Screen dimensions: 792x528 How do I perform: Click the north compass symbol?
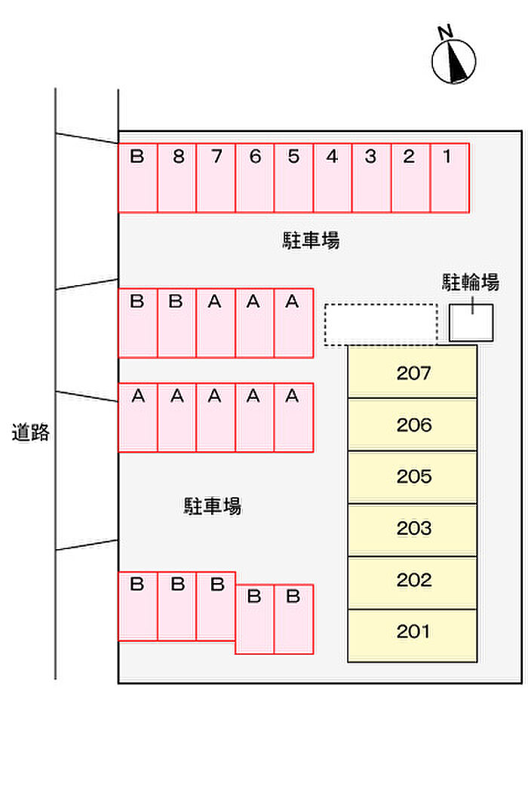(454, 60)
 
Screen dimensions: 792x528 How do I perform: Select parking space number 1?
(450, 178)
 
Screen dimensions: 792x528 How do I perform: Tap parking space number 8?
(177, 178)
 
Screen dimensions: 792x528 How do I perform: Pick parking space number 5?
(293, 178)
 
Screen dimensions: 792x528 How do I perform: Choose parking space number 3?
(371, 178)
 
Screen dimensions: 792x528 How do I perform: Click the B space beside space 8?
(138, 178)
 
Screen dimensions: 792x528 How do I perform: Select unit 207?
(413, 372)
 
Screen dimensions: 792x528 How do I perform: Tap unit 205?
(413, 477)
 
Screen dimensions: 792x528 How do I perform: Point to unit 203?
(413, 529)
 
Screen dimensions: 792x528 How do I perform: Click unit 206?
(413, 425)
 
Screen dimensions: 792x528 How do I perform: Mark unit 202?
(413, 581)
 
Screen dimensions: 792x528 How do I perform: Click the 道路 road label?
(30, 433)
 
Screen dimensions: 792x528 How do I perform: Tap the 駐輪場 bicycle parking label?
(470, 283)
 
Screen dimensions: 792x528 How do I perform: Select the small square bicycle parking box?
(471, 323)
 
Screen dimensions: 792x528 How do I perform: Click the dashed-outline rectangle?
(381, 324)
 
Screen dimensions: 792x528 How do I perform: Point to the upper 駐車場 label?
(311, 241)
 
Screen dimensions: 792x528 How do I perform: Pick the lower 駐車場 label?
(212, 506)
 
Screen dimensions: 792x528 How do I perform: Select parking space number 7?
(216, 178)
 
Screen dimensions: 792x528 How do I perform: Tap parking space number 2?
(410, 178)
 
